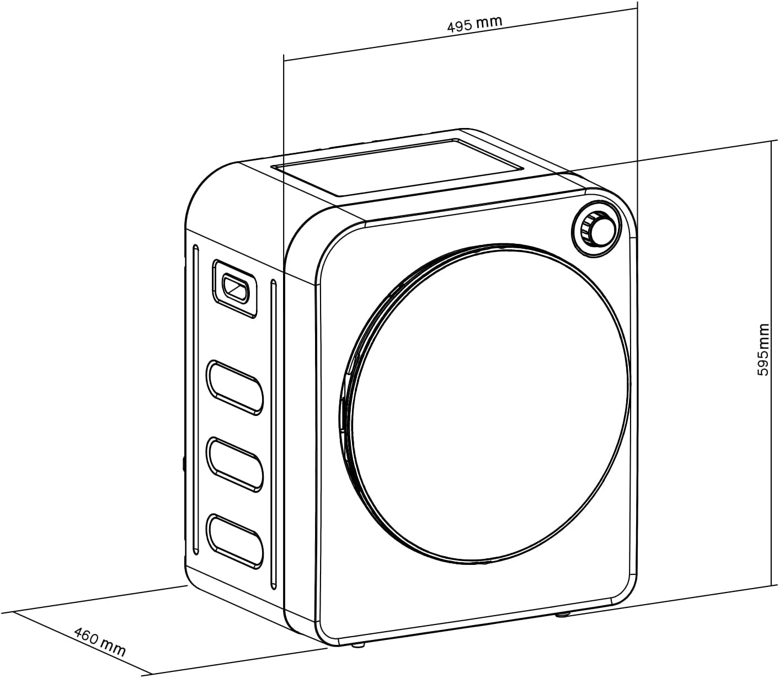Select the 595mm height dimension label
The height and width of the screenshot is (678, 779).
763,350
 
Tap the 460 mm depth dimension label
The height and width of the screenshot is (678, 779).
100,642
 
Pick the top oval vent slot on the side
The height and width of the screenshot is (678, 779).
234,387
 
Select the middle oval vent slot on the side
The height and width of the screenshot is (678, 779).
234,463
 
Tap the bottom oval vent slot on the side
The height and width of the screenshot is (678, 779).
234,541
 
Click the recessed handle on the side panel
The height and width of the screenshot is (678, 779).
235,288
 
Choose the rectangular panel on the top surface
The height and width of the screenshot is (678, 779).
400,167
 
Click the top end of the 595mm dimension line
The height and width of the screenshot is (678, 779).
770,141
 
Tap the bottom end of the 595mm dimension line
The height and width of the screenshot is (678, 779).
770,586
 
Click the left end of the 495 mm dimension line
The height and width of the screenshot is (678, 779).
284,60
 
